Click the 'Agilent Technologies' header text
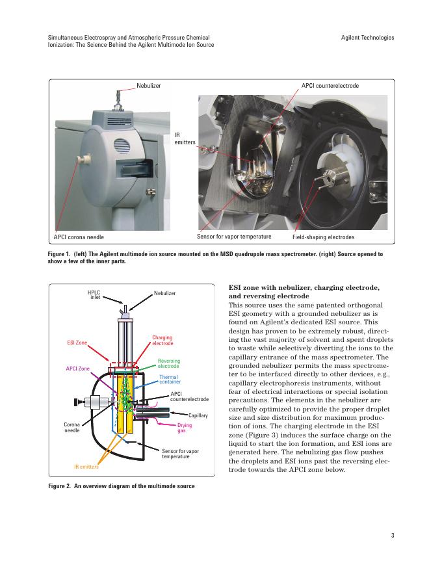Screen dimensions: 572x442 [x=367, y=38]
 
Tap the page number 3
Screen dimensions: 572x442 [x=393, y=536]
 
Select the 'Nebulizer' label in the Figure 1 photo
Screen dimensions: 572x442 [x=148, y=86]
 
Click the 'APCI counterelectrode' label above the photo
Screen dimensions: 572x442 [x=330, y=86]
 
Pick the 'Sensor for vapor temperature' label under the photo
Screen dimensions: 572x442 [x=234, y=236]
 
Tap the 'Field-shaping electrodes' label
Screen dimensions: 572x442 [x=323, y=237]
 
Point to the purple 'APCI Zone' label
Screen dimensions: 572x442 [x=78, y=369]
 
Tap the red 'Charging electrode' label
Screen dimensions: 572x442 [x=162, y=340]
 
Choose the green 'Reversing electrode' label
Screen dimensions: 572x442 [x=169, y=363]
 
